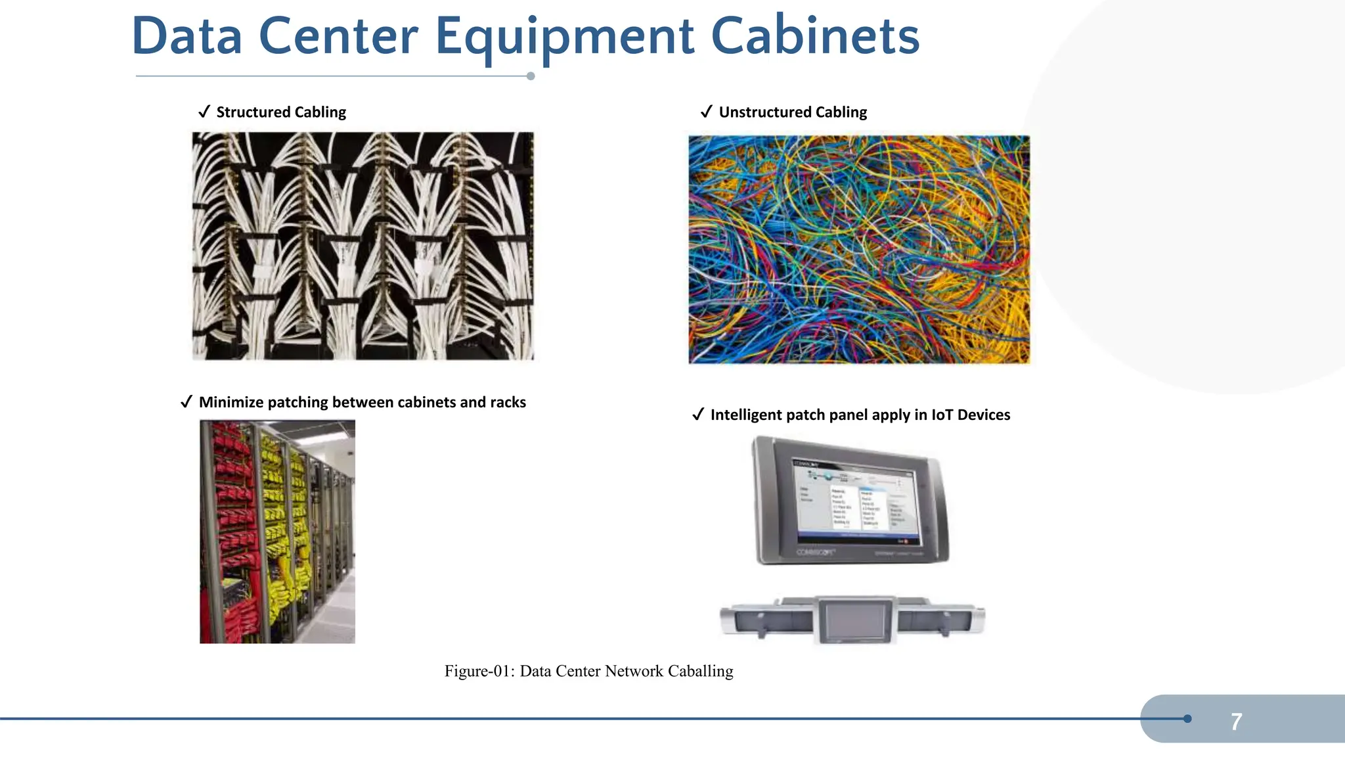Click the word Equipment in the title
564,37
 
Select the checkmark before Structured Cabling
204,112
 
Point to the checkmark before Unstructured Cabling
707,112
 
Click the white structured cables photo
363,246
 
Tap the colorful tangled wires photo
859,249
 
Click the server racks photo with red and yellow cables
277,532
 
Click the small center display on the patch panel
855,620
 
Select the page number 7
1236,722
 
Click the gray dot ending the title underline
531,76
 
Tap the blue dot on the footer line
1187,719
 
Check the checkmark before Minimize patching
187,402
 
